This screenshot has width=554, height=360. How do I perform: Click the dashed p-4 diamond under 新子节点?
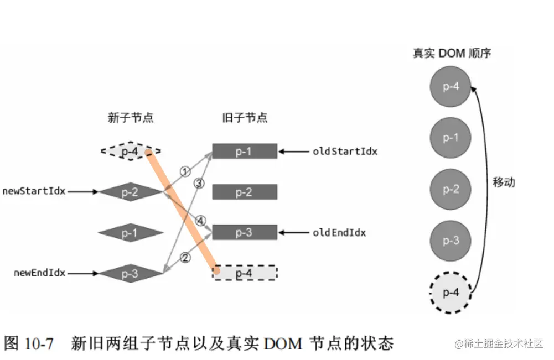click(x=130, y=150)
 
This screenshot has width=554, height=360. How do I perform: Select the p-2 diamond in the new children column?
click(x=130, y=192)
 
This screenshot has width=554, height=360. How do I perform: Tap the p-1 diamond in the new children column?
click(x=130, y=233)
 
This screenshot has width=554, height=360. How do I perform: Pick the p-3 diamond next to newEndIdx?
click(x=130, y=273)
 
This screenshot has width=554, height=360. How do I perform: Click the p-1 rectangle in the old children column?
click(x=244, y=151)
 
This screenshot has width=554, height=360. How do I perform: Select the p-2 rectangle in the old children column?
click(x=244, y=192)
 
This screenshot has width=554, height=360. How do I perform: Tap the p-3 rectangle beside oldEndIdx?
click(x=244, y=232)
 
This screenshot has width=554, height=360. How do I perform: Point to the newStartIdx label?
click(x=34, y=191)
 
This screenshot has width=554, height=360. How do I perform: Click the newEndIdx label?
click(x=39, y=273)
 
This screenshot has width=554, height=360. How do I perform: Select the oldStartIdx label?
click(x=345, y=151)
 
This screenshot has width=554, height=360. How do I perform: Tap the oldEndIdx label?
click(x=339, y=233)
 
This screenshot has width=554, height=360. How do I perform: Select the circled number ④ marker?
click(x=200, y=221)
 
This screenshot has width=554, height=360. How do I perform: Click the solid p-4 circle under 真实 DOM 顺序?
click(x=451, y=86)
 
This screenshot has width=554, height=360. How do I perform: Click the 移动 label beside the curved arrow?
click(x=503, y=182)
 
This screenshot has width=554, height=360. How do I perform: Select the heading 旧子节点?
click(x=244, y=118)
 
